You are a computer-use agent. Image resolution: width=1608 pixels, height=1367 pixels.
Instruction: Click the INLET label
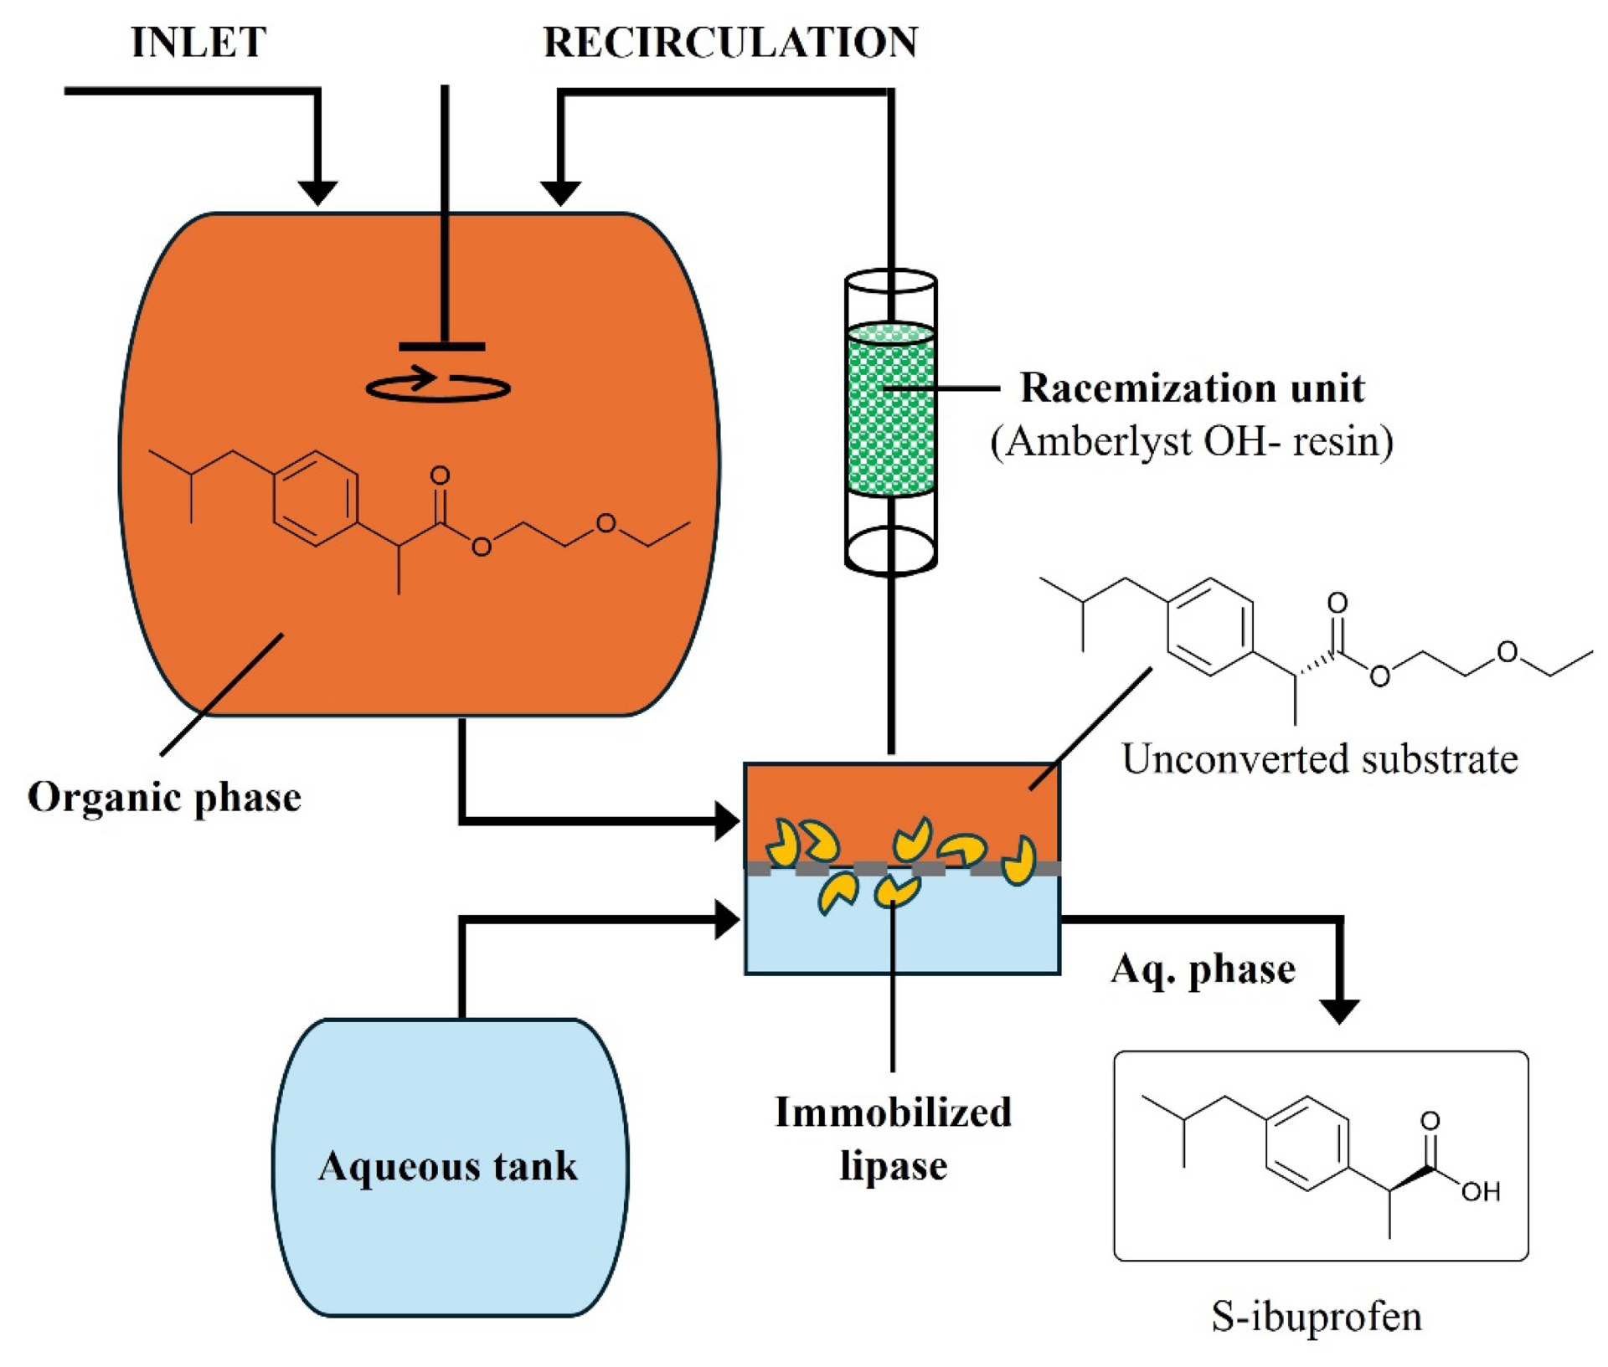[199, 42]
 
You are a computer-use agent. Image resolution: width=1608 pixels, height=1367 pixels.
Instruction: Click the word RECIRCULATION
[730, 42]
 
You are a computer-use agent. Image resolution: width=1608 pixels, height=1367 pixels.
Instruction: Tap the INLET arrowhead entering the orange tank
[317, 193]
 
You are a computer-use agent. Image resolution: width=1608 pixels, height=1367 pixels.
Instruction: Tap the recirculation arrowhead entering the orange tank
[560, 193]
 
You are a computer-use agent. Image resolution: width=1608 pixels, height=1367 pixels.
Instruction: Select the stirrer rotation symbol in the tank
[438, 386]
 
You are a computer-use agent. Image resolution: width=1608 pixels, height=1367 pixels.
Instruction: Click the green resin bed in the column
[890, 410]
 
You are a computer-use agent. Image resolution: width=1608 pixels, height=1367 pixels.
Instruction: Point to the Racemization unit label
[1192, 388]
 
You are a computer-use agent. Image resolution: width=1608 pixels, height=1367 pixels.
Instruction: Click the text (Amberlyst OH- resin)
[1192, 441]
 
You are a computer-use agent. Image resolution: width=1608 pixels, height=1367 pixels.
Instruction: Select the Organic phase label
[164, 796]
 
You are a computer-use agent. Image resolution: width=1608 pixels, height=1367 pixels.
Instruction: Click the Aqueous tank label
[448, 1165]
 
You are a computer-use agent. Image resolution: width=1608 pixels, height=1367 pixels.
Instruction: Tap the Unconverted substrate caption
[1319, 759]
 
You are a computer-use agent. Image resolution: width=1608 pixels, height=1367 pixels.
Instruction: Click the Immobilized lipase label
[893, 1138]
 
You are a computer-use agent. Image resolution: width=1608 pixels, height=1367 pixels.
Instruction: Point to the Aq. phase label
[1203, 969]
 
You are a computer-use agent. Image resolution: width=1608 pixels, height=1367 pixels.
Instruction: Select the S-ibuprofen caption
[1317, 1316]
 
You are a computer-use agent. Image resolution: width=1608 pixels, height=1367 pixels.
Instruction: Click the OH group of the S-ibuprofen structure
[1480, 1191]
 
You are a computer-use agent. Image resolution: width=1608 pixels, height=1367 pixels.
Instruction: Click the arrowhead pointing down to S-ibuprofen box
[1339, 1010]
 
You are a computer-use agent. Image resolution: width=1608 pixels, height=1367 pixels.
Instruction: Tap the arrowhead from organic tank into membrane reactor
[727, 820]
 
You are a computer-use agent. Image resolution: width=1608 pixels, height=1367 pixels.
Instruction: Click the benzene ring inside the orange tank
[316, 498]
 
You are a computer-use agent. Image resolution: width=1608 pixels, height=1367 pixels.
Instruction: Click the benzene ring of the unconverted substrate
[1209, 626]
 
